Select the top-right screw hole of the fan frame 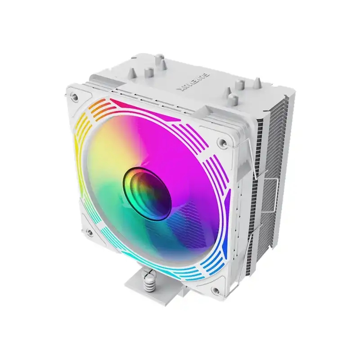[x=221, y=143]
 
